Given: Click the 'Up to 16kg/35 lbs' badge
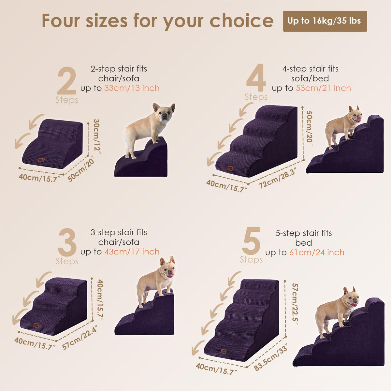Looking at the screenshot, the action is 325,21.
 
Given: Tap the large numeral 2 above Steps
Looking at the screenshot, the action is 67,81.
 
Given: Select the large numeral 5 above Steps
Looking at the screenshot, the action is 251,241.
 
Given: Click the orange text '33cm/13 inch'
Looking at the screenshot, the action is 132,88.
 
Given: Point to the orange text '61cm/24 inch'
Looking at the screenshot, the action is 317,253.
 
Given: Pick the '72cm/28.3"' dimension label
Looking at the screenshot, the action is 277,178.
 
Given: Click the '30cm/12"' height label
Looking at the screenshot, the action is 97,136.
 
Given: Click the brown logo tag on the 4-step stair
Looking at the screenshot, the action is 230,168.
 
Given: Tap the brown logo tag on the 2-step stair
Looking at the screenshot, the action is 41,160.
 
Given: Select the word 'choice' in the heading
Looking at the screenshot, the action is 242,21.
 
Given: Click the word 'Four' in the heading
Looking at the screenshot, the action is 61,21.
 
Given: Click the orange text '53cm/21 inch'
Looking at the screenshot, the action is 324,88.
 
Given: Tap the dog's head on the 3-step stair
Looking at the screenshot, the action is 167,267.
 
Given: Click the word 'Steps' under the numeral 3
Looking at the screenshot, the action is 67,261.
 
